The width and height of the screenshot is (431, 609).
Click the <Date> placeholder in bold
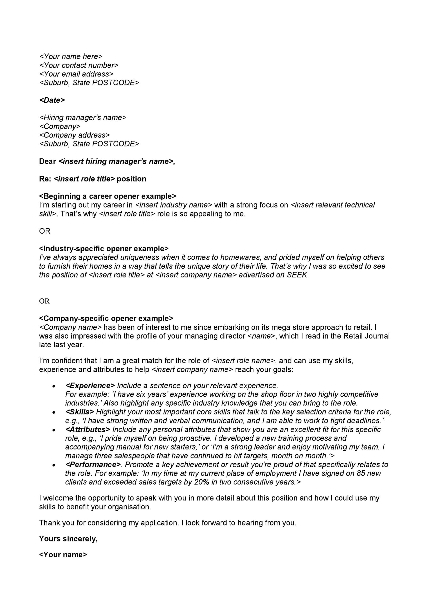coord(52,100)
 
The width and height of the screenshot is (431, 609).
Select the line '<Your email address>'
coord(76,74)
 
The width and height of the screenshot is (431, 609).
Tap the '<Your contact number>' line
coord(79,65)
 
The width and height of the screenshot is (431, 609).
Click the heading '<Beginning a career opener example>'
coord(108,196)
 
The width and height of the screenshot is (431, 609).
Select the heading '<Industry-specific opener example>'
coord(104,249)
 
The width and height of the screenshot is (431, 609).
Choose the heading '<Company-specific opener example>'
coord(106,318)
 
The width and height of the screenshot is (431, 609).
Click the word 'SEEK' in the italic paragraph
coord(297,275)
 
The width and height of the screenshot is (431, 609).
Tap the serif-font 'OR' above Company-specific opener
coord(44,301)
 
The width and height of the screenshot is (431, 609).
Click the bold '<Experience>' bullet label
coord(90,385)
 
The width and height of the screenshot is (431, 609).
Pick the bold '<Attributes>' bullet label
coord(88,429)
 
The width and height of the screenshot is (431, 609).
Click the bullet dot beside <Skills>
coord(54,413)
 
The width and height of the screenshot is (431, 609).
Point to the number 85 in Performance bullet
coord(361,473)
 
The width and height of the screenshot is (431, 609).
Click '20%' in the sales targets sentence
coord(202,482)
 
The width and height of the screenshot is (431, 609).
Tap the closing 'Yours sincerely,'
coord(68,539)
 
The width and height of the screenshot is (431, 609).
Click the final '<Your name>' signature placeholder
coord(63,555)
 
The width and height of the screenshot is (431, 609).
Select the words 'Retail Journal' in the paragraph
coord(366,336)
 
